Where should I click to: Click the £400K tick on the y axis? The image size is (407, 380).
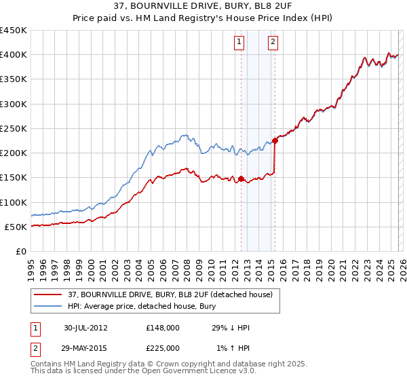(14, 55)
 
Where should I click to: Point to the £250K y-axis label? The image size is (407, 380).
(14, 128)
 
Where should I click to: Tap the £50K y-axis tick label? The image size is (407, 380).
(16, 227)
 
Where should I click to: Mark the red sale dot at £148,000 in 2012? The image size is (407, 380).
(241, 179)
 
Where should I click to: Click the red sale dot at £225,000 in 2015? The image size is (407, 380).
(275, 141)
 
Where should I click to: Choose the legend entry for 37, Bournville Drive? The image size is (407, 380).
(170, 294)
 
